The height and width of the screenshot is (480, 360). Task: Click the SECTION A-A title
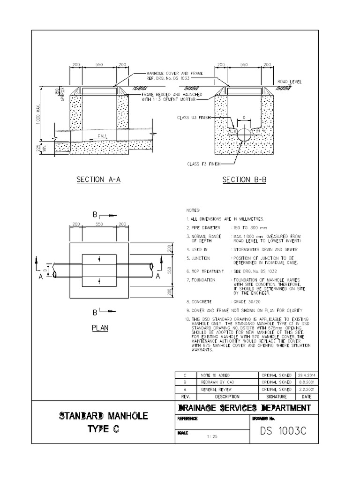coord(99,180)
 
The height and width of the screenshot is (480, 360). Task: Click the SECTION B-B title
coord(243,180)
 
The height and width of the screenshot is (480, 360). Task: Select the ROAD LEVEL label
coord(289,82)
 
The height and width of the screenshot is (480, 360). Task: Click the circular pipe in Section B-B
coord(244,134)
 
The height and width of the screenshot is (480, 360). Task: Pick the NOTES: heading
coord(193,210)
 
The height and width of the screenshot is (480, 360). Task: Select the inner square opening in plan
coord(99,270)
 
